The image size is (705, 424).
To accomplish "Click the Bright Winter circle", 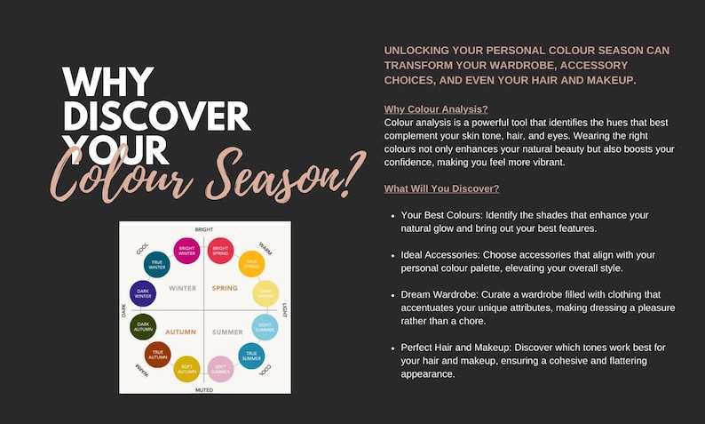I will (186, 251).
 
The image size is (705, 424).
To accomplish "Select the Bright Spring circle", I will (220, 251).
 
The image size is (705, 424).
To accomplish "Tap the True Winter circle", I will (157, 264).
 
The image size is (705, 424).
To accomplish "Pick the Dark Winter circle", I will (143, 293).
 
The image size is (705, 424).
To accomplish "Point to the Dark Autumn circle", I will (143, 326).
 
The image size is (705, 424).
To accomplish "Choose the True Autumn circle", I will (157, 354).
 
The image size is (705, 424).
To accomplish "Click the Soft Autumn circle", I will (186, 368).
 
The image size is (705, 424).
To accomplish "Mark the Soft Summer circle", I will (220, 368).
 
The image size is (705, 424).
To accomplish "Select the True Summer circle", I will (251, 355).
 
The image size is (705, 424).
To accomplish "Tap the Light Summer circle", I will (265, 327).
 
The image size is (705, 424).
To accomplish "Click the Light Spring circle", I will (265, 293).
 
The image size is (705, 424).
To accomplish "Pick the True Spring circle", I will (251, 264).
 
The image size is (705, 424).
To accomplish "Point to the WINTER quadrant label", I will (183, 288).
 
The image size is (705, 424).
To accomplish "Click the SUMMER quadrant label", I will (227, 332).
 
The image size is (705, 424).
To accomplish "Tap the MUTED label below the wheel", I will (204, 389).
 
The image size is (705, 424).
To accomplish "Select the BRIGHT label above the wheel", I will (204, 229).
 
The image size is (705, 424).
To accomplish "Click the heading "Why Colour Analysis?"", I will (435, 109).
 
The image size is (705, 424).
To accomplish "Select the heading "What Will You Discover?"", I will (441, 188).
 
